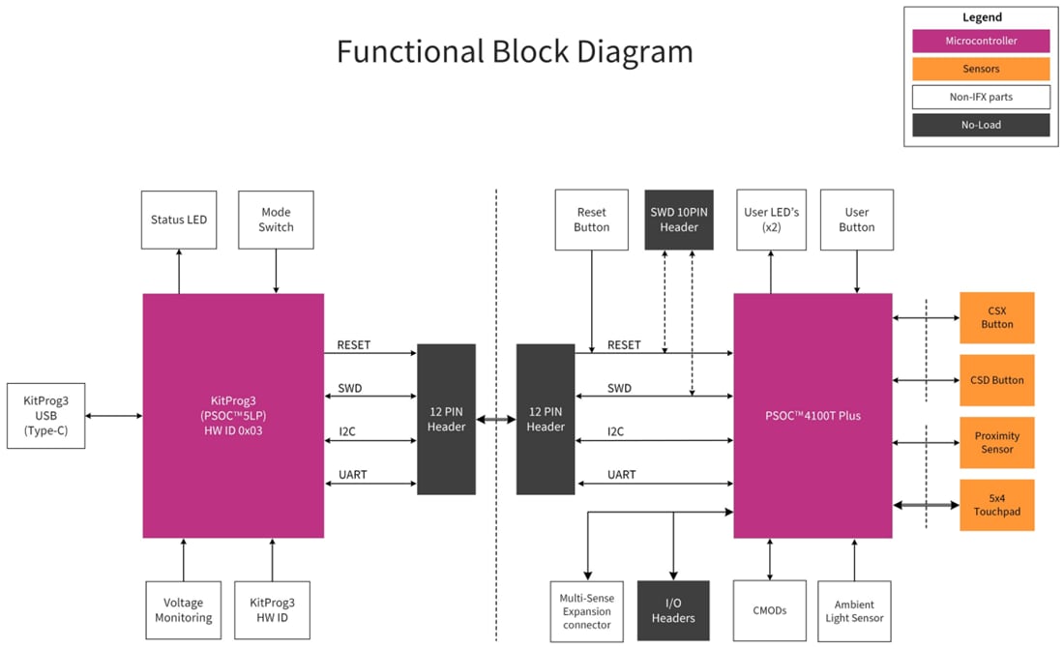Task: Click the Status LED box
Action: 179,220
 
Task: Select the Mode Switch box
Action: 276,220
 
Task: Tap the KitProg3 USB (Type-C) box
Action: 44,416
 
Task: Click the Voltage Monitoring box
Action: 183,609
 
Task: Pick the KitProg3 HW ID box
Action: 272,609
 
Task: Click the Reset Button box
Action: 591,220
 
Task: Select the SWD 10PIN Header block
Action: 679,220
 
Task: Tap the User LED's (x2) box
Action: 771,220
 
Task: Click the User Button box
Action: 856,220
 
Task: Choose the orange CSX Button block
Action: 996,317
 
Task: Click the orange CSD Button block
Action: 996,380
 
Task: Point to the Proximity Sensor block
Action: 996,442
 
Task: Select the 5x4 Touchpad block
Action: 996,505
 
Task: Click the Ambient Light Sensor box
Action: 854,610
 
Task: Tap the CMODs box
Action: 770,610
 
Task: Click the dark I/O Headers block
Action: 672,610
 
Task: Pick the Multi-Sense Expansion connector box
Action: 587,610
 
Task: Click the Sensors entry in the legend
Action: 980,69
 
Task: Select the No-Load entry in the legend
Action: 980,125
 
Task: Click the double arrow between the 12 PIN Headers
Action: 495,420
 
